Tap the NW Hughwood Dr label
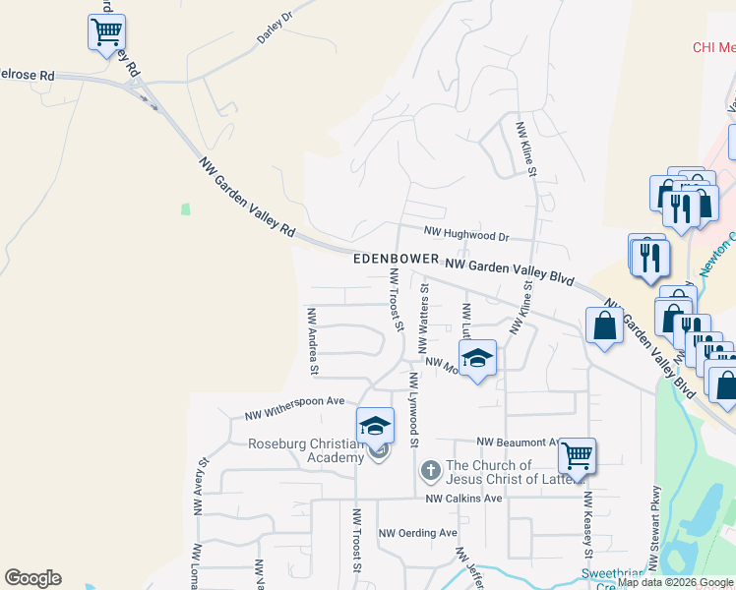tap(466, 234)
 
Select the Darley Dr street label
tap(276, 29)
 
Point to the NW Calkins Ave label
tap(463, 499)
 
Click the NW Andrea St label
tap(312, 341)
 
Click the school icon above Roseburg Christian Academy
tap(375, 426)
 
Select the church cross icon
tap(430, 472)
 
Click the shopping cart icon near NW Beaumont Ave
tap(578, 456)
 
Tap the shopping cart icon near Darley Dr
tap(106, 31)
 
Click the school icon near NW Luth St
tap(477, 359)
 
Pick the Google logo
tap(32, 578)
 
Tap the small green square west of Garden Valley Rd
tap(184, 209)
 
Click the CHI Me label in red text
tap(713, 46)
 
